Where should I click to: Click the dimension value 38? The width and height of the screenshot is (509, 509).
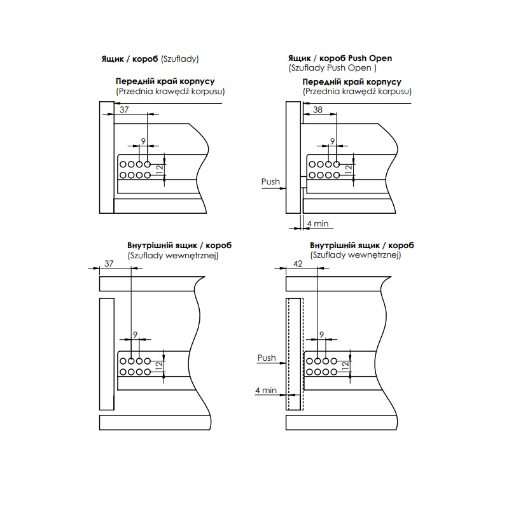coord(317,109)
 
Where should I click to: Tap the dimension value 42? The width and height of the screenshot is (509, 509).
coord(298,263)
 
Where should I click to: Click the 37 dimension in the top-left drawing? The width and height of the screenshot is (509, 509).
coord(124,109)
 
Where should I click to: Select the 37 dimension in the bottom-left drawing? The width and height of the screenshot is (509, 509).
coord(109,263)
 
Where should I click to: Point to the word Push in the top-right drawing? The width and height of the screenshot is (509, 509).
coord(270,181)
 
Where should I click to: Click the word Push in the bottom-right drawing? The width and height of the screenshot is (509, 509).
coord(267,358)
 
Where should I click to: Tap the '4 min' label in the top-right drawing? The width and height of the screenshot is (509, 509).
coord(317,224)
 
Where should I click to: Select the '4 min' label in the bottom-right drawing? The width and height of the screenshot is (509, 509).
coord(266,390)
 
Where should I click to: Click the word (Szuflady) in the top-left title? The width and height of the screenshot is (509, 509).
coord(180,59)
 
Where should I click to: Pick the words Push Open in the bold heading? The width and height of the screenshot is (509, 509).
coord(370,59)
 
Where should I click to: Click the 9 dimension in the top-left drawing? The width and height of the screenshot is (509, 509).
coord(143,141)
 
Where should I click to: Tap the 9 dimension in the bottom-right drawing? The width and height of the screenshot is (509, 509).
coord(322,335)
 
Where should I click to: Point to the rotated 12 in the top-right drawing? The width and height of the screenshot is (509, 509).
coord(349,169)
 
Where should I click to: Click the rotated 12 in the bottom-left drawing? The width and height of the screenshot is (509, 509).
coord(159,366)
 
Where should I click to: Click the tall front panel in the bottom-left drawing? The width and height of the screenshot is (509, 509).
coord(107,354)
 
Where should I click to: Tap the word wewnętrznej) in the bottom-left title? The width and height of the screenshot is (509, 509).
coord(192,256)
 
